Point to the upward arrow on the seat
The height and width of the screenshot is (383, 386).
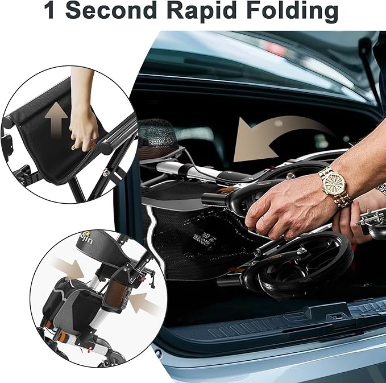(56, 120)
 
